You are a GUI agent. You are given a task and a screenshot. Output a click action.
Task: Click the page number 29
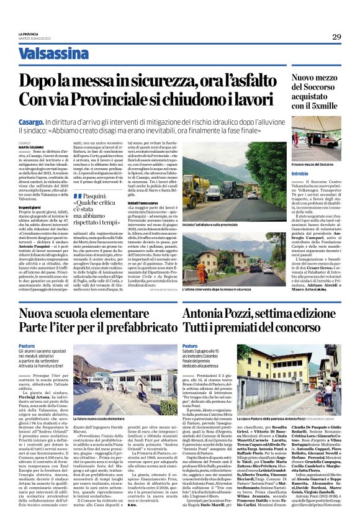336,37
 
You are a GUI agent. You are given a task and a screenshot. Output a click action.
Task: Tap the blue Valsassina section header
53,54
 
